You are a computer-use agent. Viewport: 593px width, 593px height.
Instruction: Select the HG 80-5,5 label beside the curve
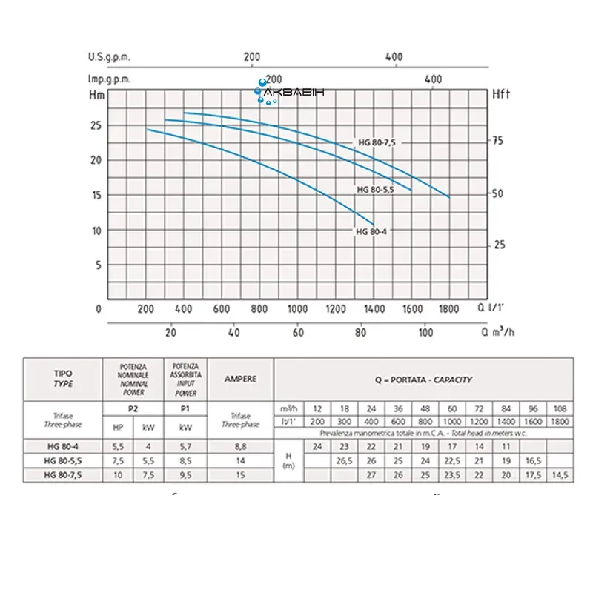(x=375, y=189)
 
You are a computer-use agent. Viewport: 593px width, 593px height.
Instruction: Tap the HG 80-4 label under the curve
(x=370, y=231)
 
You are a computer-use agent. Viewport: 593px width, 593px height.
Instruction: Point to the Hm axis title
(x=96, y=94)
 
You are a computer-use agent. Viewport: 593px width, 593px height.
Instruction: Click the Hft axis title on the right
(x=502, y=94)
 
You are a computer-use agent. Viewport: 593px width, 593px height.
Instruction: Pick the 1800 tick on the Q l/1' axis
(x=448, y=308)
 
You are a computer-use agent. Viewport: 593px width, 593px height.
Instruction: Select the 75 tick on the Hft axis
(x=498, y=140)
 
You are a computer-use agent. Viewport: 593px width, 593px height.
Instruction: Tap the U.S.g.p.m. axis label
(x=110, y=56)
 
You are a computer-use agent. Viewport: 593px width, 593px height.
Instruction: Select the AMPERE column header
(x=241, y=379)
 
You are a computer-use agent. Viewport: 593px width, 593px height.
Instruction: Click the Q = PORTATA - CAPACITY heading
(x=423, y=379)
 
